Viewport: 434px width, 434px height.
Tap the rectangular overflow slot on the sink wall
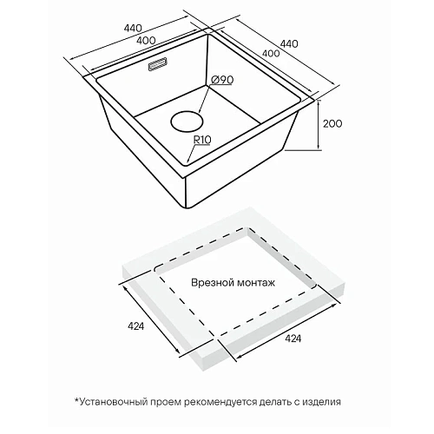click(158, 63)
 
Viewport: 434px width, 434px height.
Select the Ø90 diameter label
click(222, 80)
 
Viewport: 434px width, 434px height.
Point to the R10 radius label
click(202, 140)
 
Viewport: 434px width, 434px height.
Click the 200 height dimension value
click(332, 123)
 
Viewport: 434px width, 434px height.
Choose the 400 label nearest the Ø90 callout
click(271, 53)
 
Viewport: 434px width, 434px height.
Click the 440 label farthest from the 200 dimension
click(133, 28)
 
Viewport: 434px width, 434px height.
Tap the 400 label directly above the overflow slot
click(146, 41)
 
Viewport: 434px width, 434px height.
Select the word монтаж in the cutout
click(256, 283)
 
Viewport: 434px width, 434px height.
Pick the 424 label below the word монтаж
click(293, 339)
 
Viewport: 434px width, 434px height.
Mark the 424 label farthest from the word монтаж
click(135, 326)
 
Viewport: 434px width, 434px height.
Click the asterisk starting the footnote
click(76, 400)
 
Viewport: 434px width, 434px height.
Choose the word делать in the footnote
click(275, 402)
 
